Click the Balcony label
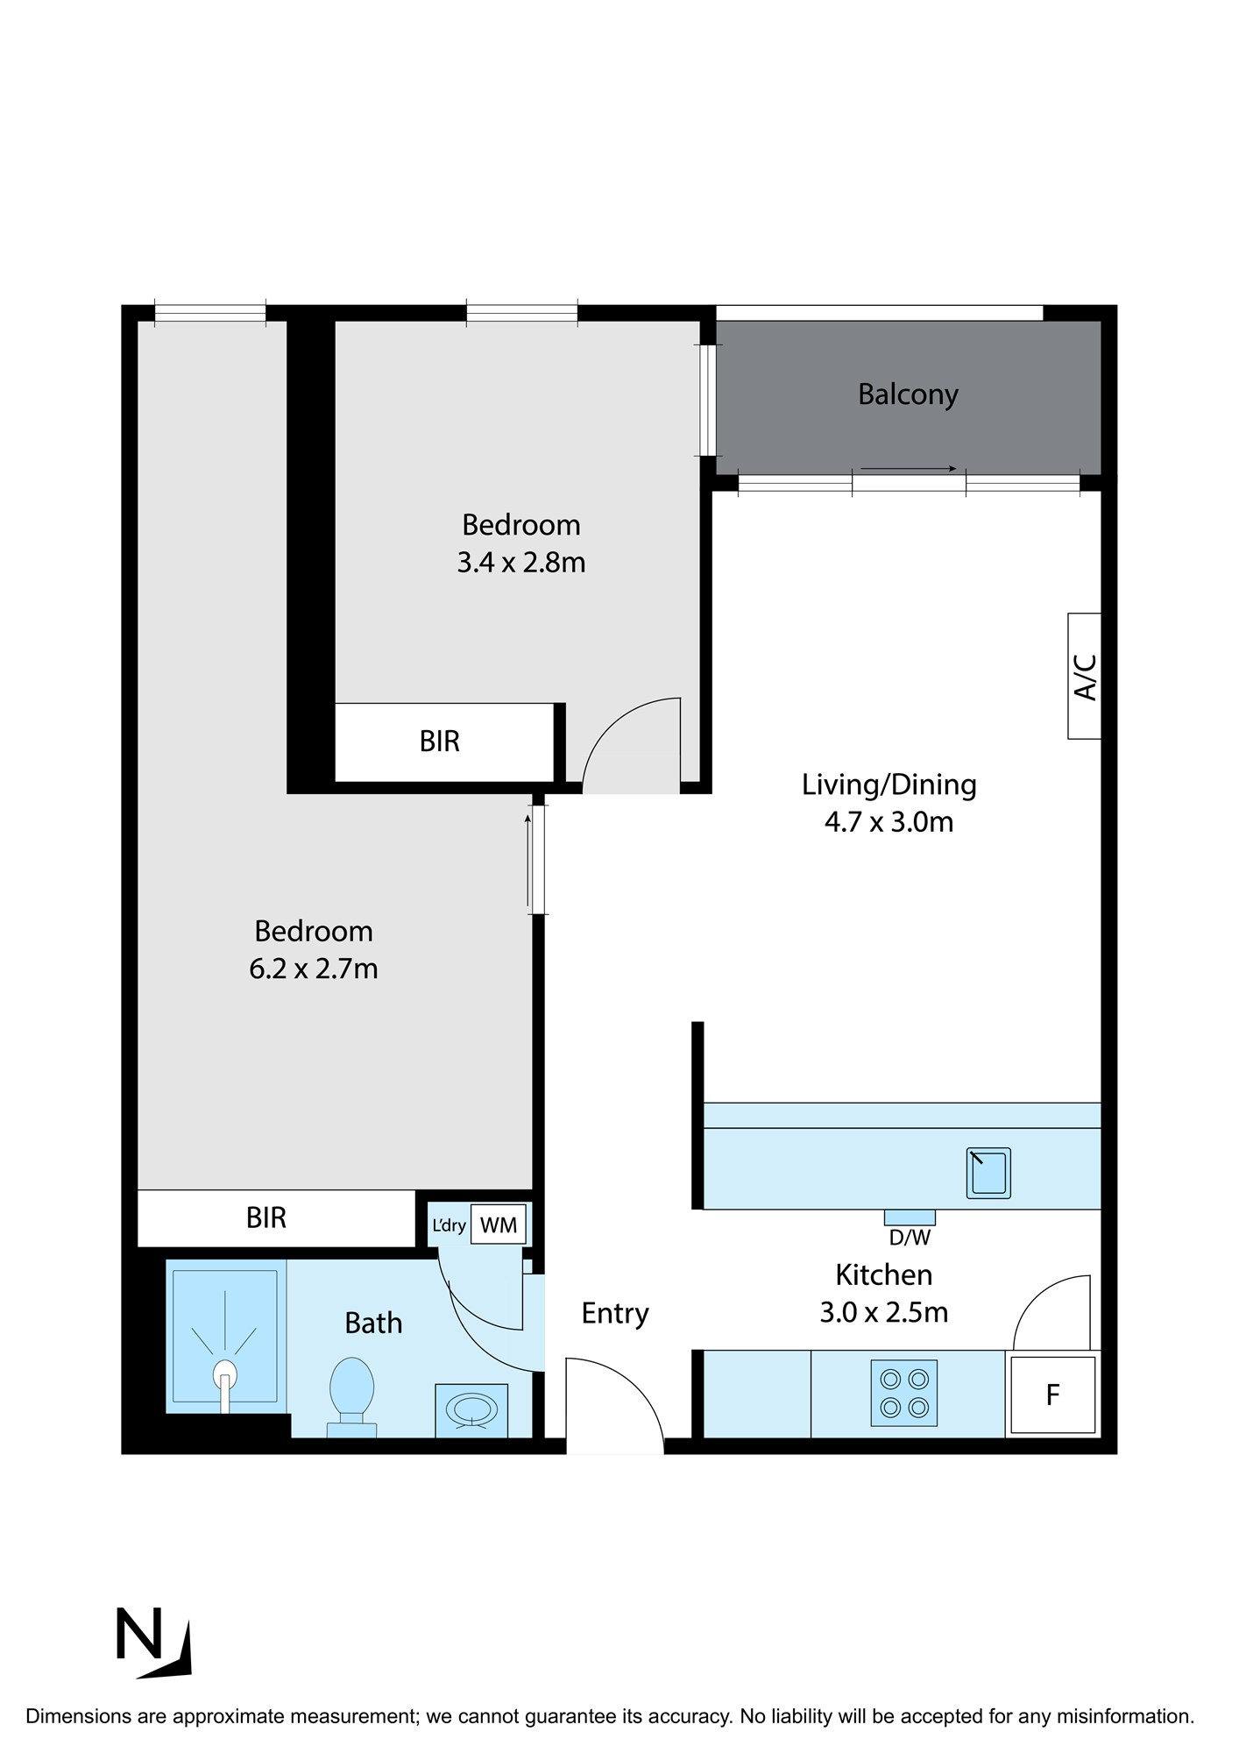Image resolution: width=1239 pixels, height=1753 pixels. point(908,394)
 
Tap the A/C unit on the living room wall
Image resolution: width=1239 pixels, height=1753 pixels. point(1084,676)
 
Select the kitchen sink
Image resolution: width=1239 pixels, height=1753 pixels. point(988,1173)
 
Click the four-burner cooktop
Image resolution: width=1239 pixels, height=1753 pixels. point(904,1393)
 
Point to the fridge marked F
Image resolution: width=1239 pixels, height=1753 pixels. point(1052,1395)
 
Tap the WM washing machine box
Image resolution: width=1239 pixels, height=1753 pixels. point(499,1224)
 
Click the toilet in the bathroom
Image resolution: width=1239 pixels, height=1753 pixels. point(351,1397)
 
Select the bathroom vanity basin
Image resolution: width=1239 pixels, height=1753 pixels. point(471,1410)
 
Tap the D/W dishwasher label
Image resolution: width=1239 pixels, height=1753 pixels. point(910,1238)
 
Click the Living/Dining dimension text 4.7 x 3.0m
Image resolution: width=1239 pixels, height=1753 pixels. point(889,822)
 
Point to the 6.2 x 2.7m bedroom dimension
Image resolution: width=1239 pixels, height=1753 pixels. point(314,969)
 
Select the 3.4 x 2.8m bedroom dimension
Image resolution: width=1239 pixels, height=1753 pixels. point(521,562)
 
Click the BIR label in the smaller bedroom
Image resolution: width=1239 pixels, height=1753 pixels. point(440,742)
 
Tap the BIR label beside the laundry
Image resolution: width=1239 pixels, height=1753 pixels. point(266,1217)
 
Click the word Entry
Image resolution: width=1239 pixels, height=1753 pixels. point(615,1314)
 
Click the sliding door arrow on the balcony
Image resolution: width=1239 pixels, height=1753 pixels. point(909,469)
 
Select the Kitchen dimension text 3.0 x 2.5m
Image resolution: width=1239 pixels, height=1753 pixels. point(884,1312)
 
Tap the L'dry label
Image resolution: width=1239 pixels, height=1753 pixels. point(449,1224)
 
